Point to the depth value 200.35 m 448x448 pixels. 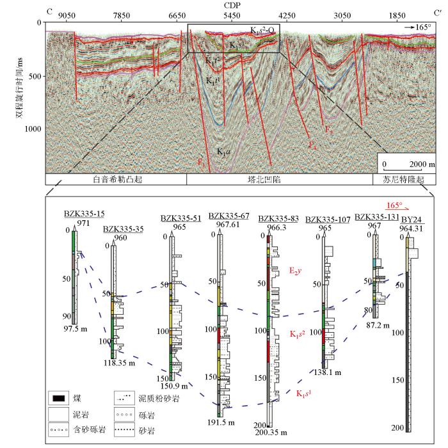click(x=277, y=431)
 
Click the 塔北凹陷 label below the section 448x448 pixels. click(x=280, y=180)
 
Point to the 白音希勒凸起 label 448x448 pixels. click(x=116, y=180)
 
